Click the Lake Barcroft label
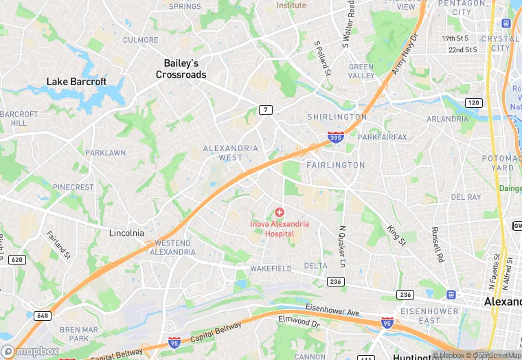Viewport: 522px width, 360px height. point(76,82)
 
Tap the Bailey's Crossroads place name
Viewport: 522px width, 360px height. point(181,69)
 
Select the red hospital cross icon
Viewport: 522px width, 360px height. point(280,213)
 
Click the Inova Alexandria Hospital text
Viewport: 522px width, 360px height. point(280,229)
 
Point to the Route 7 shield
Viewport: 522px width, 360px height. point(265,110)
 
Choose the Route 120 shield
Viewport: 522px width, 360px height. point(473,103)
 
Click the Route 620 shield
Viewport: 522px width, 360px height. point(18,260)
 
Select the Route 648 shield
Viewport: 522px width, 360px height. point(43,315)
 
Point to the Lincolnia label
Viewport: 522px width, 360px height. point(127,233)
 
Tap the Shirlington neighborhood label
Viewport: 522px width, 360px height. point(337,117)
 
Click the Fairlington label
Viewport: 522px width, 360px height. point(335,165)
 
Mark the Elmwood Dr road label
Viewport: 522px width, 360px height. point(299,320)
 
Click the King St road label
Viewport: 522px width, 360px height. point(396,235)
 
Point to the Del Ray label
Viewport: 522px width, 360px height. point(466,197)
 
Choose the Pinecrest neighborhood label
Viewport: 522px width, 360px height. point(73,187)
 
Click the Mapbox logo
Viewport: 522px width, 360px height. point(31,351)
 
